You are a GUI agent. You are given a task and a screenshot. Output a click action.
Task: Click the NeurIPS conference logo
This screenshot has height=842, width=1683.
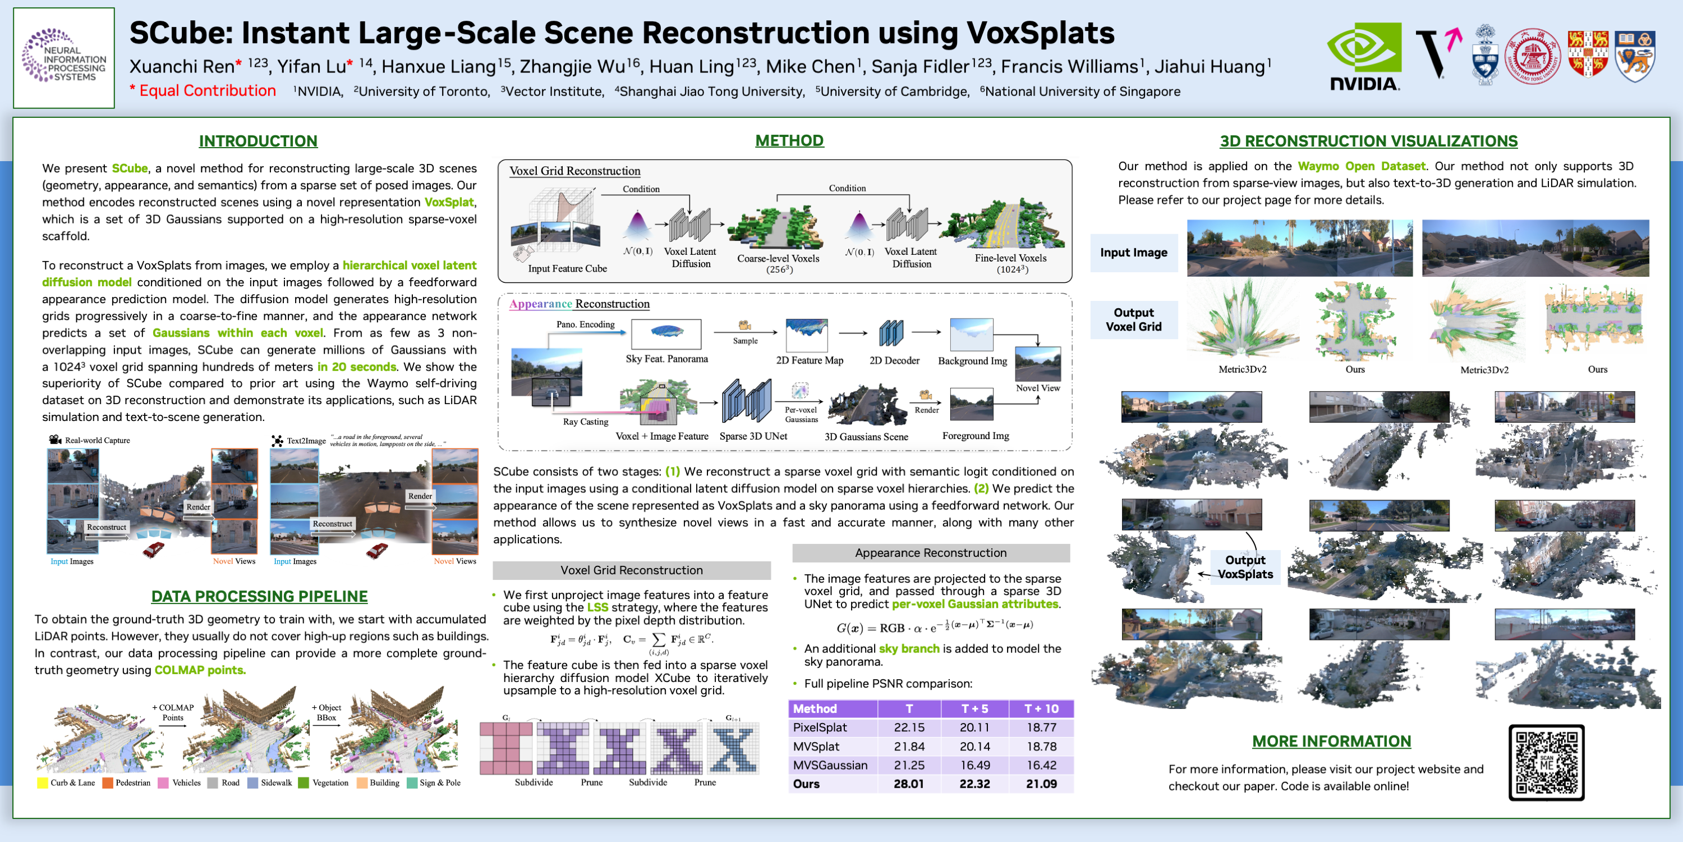(64, 57)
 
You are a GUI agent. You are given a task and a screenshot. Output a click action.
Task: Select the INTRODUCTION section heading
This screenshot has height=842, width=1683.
(258, 141)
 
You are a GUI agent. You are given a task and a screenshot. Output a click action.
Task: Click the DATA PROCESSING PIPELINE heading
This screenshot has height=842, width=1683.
(259, 596)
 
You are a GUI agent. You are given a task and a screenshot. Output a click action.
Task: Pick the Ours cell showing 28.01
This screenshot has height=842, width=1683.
(908, 784)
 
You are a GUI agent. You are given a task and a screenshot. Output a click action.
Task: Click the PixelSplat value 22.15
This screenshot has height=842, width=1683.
(909, 727)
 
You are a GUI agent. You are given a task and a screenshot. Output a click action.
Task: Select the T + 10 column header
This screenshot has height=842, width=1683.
(1041, 708)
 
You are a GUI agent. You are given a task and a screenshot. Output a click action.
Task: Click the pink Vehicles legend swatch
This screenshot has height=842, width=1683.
(163, 782)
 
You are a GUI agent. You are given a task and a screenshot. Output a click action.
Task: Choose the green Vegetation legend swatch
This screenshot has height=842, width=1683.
(303, 782)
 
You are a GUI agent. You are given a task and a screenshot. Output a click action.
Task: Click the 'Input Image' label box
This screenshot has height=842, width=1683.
(1134, 253)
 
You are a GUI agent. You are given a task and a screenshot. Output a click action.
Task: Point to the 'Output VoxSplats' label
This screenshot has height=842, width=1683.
(1245, 567)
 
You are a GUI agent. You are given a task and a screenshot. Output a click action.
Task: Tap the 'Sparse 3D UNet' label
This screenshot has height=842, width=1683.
(753, 436)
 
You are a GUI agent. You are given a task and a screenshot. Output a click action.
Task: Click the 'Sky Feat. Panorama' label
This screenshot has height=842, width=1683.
(666, 359)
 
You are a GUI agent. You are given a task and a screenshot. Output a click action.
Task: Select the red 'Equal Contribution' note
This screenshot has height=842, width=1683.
(203, 91)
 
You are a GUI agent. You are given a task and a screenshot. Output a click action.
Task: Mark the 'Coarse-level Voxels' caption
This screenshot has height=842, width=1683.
(778, 258)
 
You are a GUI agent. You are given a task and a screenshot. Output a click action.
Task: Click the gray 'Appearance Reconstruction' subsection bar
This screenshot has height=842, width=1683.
(930, 553)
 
